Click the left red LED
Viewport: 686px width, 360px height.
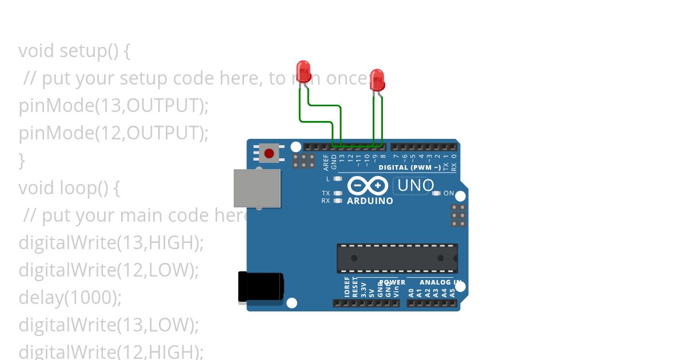(x=304, y=71)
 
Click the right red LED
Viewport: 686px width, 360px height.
(x=377, y=79)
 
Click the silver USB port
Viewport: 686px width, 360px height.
(x=257, y=188)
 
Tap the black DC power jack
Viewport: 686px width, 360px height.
(x=261, y=286)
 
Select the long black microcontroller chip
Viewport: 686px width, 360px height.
(x=397, y=258)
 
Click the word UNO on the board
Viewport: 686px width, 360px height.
(x=415, y=186)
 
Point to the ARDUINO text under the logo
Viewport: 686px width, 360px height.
(x=370, y=201)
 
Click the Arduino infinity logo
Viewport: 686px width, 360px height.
(x=368, y=186)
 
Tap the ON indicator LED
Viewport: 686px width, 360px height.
(x=437, y=193)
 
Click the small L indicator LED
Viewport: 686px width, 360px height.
(x=337, y=179)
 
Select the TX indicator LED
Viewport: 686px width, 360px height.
(x=337, y=193)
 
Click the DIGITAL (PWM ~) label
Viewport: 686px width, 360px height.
(x=409, y=167)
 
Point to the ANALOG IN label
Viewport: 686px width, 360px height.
(x=440, y=282)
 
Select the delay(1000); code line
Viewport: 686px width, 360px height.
(x=70, y=298)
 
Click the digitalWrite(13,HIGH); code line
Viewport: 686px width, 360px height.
(x=111, y=243)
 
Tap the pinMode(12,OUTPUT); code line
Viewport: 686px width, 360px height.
(x=113, y=133)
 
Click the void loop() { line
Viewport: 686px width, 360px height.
(x=69, y=188)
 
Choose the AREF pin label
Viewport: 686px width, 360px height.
(x=326, y=162)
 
